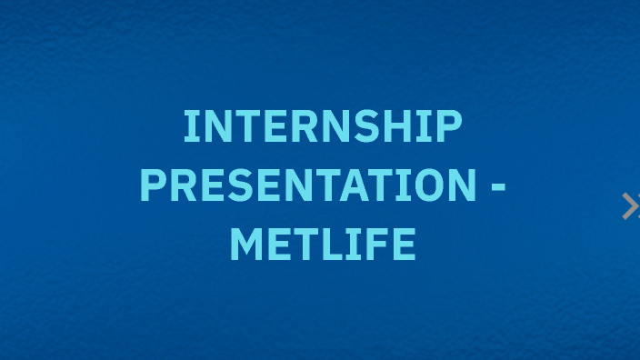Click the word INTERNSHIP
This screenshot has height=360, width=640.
click(323, 126)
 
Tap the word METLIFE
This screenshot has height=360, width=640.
click(323, 245)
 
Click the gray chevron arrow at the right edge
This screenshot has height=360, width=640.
click(630, 206)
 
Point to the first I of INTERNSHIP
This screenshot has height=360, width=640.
click(190, 126)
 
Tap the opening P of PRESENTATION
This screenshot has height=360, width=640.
click(154, 185)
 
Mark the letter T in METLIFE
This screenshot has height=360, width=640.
click(305, 245)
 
